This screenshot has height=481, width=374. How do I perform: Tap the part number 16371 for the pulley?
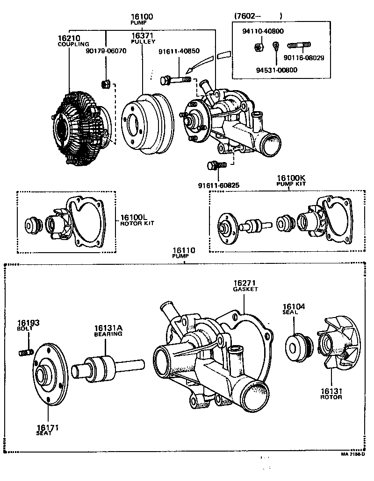143,35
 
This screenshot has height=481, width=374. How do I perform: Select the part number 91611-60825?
219,185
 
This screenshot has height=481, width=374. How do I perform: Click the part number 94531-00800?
276,70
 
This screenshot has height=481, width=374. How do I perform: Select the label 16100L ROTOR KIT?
137,220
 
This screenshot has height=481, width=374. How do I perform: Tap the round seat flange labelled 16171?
49,377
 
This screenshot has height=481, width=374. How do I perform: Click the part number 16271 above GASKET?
245,283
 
